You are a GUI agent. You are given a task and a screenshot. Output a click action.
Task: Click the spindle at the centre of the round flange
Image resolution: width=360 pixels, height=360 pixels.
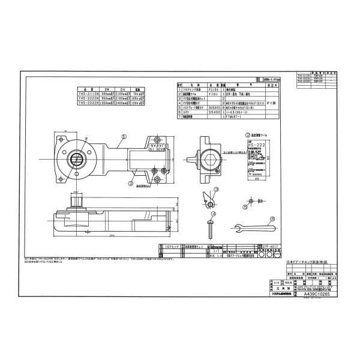tap(77, 157)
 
